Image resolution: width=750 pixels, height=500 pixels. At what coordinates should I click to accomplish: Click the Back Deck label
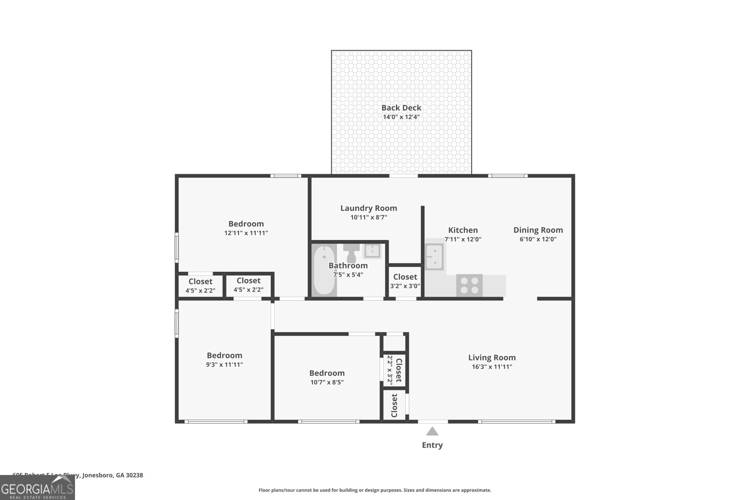tap(401, 108)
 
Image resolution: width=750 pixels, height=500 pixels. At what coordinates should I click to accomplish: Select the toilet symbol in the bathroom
tap(351, 254)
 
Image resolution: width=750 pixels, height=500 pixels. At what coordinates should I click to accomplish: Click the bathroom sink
tap(373, 251)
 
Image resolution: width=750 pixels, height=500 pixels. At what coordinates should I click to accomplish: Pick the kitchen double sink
tap(435, 257)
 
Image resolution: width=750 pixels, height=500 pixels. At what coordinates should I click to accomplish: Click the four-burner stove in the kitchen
tap(469, 285)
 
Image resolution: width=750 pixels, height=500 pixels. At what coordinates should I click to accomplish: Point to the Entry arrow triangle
tap(432, 431)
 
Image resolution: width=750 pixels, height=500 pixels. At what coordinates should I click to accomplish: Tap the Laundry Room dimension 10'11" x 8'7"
tap(368, 217)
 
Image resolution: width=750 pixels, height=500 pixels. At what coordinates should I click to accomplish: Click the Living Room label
tap(492, 358)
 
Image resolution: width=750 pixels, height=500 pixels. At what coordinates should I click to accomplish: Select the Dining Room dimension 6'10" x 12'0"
tap(538, 239)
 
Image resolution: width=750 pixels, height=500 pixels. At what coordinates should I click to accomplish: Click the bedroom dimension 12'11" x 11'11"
tap(246, 233)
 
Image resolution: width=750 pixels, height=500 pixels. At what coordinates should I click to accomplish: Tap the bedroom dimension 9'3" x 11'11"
tap(225, 365)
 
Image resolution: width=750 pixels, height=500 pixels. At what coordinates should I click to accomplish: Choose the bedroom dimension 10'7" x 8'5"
tap(327, 382)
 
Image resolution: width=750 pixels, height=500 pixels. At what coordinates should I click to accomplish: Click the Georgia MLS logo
tap(37, 488)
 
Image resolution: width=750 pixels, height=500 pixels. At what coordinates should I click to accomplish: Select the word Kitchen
tap(463, 230)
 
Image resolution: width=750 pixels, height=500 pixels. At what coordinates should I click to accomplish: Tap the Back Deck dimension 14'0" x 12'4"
tap(401, 117)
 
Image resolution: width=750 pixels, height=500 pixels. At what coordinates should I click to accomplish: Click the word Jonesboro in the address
tap(97, 475)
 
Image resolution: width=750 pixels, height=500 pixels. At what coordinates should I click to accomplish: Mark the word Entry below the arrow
tap(432, 445)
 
